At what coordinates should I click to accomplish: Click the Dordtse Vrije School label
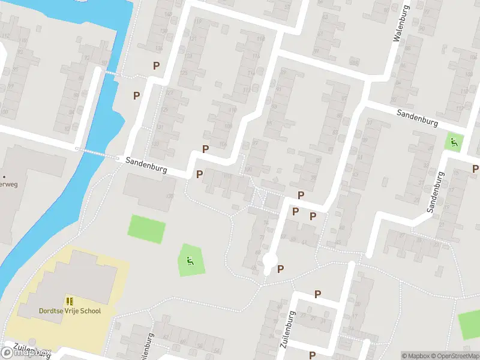click(70, 311)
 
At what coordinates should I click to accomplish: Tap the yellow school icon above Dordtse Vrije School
click(70, 301)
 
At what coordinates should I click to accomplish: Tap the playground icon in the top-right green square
click(454, 143)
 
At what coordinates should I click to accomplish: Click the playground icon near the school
click(190, 261)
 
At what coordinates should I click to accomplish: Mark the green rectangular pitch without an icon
click(147, 229)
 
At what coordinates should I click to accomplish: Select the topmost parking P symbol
click(156, 66)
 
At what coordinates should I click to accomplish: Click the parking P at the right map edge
click(475, 169)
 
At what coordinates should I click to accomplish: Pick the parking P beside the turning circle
click(280, 269)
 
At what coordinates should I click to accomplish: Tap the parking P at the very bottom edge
click(312, 355)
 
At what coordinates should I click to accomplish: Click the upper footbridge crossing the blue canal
click(109, 73)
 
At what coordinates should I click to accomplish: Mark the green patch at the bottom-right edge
click(470, 325)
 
